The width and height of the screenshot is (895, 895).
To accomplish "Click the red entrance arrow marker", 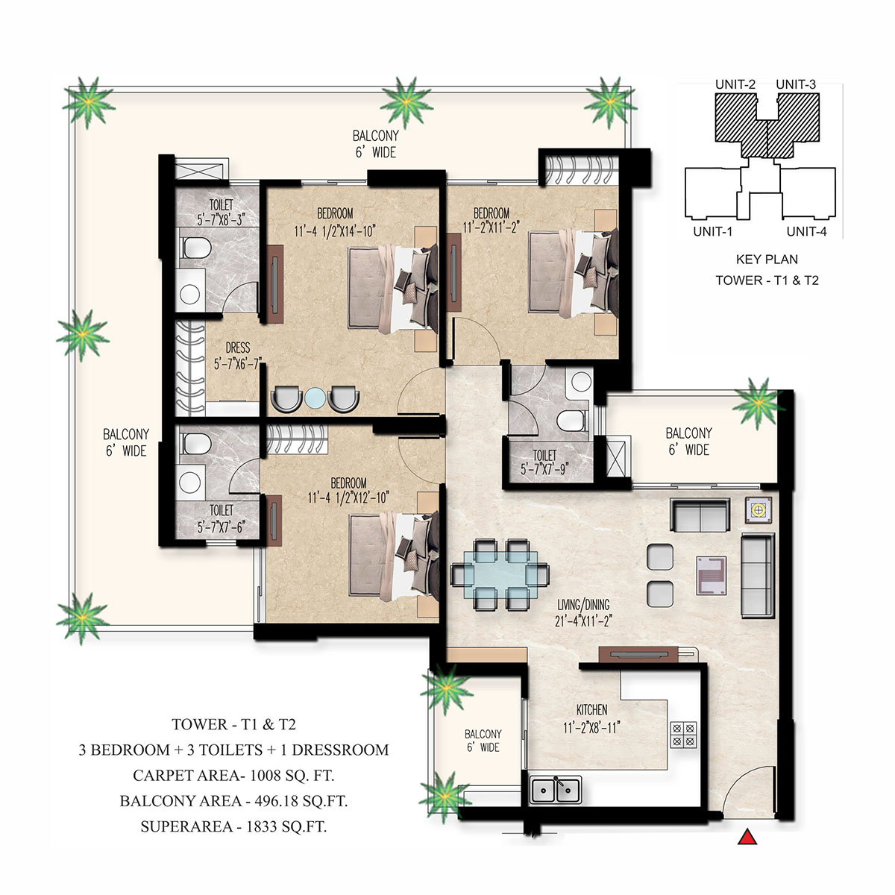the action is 747,836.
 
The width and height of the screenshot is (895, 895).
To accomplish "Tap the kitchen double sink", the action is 556,789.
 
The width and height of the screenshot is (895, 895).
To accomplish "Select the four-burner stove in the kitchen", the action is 683,735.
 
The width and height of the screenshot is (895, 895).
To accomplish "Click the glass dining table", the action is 500,574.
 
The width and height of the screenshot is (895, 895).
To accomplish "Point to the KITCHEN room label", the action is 591,710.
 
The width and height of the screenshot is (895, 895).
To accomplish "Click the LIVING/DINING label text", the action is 583,604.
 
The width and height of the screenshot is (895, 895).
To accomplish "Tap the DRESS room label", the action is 237,348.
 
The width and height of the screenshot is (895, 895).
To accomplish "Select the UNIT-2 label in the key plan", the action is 735,84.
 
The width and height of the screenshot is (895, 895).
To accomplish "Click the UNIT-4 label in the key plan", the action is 807,231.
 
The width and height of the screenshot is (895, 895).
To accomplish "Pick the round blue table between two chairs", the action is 315,398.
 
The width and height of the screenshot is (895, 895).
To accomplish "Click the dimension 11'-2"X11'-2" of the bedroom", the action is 491,227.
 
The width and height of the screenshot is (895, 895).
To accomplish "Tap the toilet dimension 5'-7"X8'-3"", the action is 221,220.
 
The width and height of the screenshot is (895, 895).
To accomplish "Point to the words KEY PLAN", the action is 767,259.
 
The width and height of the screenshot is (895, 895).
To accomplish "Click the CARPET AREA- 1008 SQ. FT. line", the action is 233,775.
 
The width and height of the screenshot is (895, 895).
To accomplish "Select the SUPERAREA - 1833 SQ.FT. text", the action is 233,826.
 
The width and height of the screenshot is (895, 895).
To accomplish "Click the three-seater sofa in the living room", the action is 758,576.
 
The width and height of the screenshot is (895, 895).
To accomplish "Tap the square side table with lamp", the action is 759,510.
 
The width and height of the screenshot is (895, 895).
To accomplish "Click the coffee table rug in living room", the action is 711,576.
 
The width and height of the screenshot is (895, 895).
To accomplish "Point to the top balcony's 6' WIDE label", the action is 375,152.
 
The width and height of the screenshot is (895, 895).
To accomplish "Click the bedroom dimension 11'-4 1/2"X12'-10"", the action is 348,498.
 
